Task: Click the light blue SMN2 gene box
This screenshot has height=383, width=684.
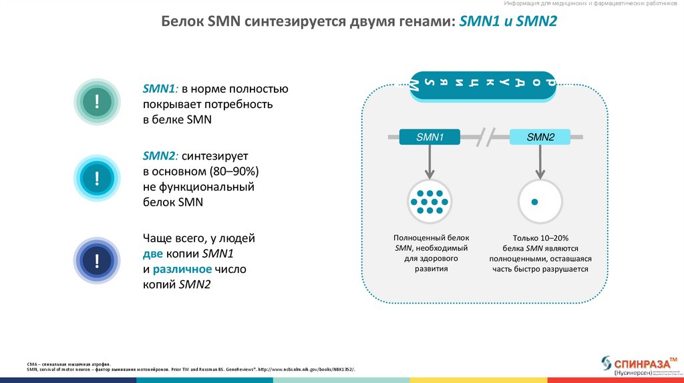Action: point(540,137)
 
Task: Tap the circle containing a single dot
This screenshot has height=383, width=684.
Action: point(540,201)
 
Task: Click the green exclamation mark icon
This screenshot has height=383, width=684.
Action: point(98,101)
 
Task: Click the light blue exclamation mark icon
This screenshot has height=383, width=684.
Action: point(98,179)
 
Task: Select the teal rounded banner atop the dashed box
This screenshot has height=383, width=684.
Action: point(482,84)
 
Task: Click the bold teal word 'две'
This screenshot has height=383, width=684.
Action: point(152,254)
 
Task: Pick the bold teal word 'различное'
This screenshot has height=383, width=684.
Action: point(182,270)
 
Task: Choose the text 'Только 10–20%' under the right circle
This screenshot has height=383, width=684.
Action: point(540,238)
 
